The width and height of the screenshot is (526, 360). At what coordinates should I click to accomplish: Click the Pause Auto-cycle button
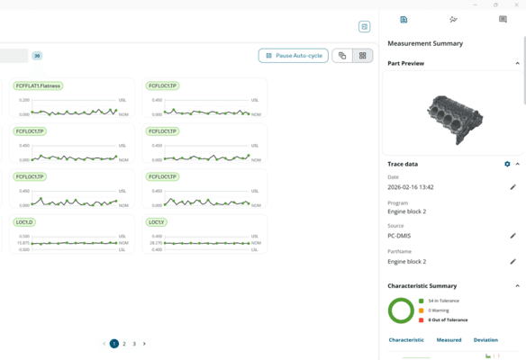pyautogui.click(x=294, y=56)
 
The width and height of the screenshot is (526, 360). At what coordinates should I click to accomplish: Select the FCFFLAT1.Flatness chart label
pyautogui.click(x=38, y=86)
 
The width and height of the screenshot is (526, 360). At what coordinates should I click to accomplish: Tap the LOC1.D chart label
pyautogui.click(x=24, y=221)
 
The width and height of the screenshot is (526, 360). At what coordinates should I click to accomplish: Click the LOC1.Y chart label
pyautogui.click(x=156, y=221)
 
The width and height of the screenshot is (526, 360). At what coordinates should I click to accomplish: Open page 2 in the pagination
pyautogui.click(x=124, y=344)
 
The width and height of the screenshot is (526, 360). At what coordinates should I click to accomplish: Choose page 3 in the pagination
pyautogui.click(x=134, y=344)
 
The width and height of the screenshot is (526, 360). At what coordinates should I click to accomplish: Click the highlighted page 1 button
pyautogui.click(x=114, y=344)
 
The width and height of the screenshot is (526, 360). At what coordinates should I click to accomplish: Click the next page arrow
pyautogui.click(x=144, y=344)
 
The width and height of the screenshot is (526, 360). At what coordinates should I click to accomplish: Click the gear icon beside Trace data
pyautogui.click(x=507, y=165)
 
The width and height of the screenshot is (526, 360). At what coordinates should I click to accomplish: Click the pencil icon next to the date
pyautogui.click(x=513, y=187)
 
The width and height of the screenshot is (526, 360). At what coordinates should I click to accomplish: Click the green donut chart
pyautogui.click(x=401, y=310)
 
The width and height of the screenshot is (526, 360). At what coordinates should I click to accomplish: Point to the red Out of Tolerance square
pyautogui.click(x=422, y=319)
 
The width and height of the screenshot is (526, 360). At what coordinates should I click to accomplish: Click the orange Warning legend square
pyautogui.click(x=422, y=310)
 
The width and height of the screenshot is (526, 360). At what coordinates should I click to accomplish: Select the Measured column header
pyautogui.click(x=449, y=340)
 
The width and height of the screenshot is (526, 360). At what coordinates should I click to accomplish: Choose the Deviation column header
pyautogui.click(x=485, y=340)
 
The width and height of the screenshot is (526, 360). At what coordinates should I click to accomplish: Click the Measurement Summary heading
pyautogui.click(x=425, y=43)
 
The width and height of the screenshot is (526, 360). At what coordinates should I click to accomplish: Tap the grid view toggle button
pyautogui.click(x=363, y=56)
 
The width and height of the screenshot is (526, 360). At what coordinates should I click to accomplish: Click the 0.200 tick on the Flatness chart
pyautogui.click(x=23, y=101)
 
